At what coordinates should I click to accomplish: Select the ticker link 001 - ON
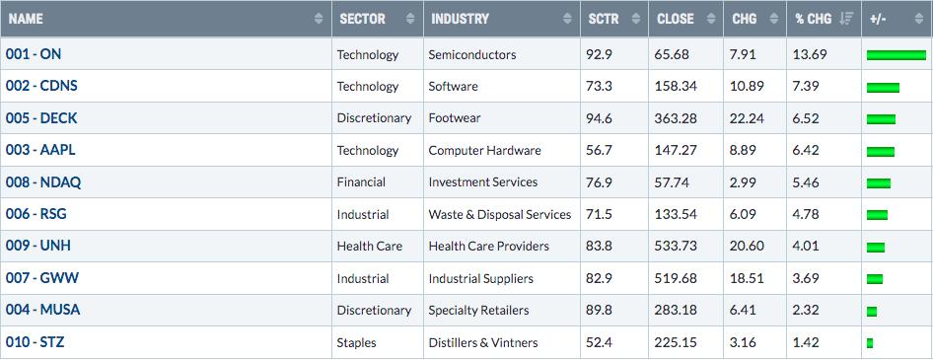pos(34,54)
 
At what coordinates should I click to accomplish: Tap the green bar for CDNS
pos(883,88)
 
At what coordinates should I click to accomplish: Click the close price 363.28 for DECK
pos(676,117)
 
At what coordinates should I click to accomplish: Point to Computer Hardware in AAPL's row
pos(484,150)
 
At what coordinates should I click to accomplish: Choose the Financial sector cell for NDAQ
pos(361,182)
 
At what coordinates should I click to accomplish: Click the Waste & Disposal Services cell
pos(500,214)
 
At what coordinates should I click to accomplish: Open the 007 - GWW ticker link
pos(42,278)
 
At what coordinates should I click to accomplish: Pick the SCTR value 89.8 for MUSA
pos(599,310)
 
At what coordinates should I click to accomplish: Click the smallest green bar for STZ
pos(870,343)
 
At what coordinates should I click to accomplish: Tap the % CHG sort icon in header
pos(846,19)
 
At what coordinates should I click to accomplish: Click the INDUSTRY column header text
pos(460,19)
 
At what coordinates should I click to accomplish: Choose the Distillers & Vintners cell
pos(482,342)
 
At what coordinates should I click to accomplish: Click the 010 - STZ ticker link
pos(36,342)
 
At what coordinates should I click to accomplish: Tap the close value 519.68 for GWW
pos(676,278)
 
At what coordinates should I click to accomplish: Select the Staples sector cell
pos(356,343)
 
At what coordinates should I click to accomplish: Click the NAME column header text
pos(26,19)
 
